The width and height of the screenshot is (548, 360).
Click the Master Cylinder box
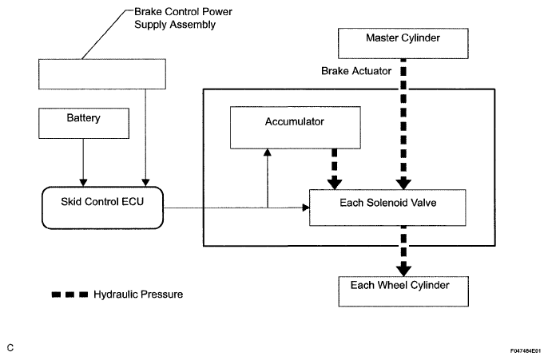(403, 38)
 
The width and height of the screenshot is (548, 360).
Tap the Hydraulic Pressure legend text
(139, 295)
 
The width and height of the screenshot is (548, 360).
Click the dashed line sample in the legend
(69, 295)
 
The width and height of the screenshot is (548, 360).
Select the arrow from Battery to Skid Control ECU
(82, 164)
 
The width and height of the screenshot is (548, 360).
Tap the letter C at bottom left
(10, 349)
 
